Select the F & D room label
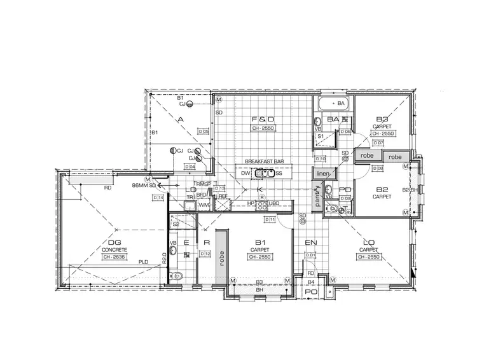tap(263, 119)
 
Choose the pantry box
tap(317, 198)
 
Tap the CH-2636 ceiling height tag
tap(114, 257)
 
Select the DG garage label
tap(114, 242)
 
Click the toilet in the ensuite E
tap(176, 275)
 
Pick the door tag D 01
tap(311, 255)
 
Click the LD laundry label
tap(190, 190)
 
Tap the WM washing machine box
tap(204, 205)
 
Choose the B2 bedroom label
tap(382, 190)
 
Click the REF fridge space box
tap(222, 196)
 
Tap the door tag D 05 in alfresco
tap(203, 131)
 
